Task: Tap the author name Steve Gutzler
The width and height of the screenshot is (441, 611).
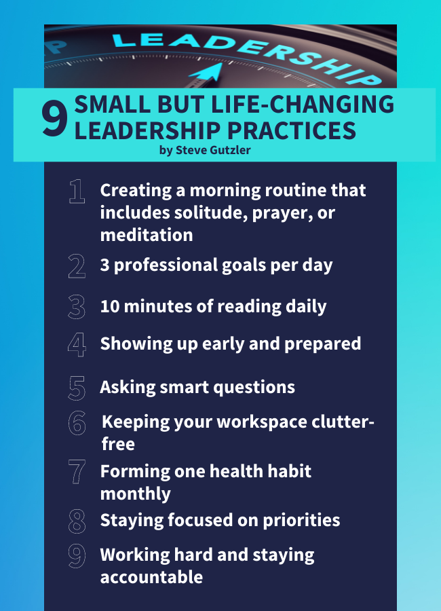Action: point(213,150)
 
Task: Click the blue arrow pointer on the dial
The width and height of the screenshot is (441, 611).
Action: point(207,73)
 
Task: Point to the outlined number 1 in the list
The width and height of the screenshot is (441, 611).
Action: point(77,191)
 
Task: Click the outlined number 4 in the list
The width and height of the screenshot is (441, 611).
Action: point(77,344)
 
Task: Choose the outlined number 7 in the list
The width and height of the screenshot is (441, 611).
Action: point(77,472)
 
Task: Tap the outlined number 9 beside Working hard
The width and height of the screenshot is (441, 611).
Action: point(77,556)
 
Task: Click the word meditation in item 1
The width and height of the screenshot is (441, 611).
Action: point(147,235)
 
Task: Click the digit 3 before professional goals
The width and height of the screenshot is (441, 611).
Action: point(104,265)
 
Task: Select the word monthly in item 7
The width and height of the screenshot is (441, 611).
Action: point(136,494)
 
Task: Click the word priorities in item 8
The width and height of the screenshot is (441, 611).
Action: point(301,521)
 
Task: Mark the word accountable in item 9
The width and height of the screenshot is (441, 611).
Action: point(151,577)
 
